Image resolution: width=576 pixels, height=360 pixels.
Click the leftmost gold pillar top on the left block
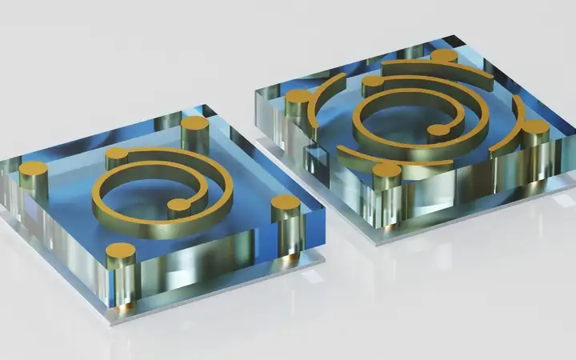(x=33, y=169)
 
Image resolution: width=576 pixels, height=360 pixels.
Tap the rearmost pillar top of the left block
(x=194, y=124)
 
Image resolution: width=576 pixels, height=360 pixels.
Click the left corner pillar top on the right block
(x=298, y=98)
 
